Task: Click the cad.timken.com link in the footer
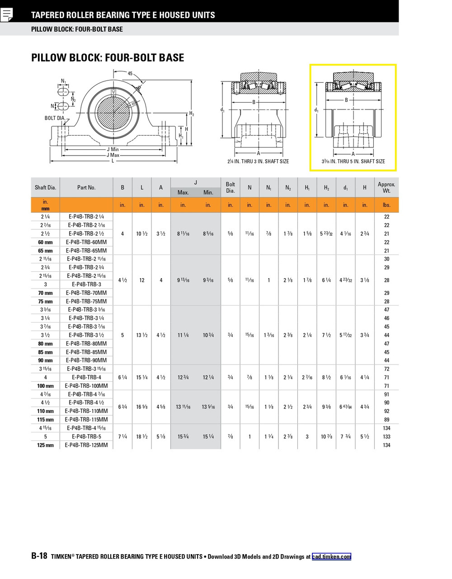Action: click(x=331, y=557)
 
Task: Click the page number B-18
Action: click(x=39, y=556)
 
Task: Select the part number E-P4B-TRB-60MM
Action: click(x=86, y=242)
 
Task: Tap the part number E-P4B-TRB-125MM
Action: click(x=86, y=445)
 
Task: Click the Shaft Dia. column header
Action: click(x=45, y=187)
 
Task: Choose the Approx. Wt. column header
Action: click(x=386, y=187)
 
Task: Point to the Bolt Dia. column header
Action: click(x=231, y=187)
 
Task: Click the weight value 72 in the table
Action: click(x=386, y=369)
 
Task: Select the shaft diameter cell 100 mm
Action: click(x=45, y=386)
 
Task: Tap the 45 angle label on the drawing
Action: click(x=130, y=73)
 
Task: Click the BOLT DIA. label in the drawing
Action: click(x=55, y=118)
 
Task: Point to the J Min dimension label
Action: click(x=113, y=149)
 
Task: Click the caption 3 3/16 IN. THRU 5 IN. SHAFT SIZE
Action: click(x=353, y=161)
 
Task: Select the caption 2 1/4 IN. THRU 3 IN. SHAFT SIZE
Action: click(x=258, y=161)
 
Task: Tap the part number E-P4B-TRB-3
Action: click(x=86, y=285)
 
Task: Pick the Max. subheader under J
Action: click(x=183, y=192)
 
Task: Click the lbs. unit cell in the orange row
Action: click(x=386, y=205)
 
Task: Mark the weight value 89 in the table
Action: click(x=386, y=420)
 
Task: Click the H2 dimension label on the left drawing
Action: click(x=192, y=114)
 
